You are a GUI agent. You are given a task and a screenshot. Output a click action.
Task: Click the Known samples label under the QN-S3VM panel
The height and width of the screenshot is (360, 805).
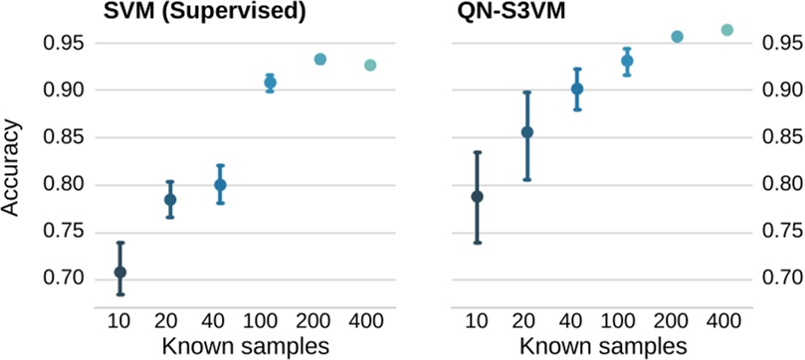point(601,345)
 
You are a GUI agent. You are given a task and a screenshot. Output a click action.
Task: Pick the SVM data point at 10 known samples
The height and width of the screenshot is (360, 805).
point(120,271)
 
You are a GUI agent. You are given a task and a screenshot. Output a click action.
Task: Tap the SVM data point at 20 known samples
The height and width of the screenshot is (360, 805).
point(170,200)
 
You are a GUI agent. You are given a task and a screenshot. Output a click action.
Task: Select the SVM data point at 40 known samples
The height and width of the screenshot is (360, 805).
point(220,185)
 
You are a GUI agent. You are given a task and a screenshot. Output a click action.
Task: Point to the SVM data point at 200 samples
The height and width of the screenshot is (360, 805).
point(320,59)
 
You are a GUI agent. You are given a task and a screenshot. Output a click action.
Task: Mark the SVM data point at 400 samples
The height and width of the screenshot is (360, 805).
point(370,65)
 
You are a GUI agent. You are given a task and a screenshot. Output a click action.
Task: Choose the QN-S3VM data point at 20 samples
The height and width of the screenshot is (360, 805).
point(527,132)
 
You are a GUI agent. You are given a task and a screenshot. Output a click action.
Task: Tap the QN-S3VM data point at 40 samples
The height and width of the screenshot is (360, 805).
point(577,90)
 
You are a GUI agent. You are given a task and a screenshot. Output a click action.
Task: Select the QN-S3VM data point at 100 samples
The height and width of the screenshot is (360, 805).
point(627,61)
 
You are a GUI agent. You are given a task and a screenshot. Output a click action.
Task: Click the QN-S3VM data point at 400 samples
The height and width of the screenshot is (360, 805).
point(726,30)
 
